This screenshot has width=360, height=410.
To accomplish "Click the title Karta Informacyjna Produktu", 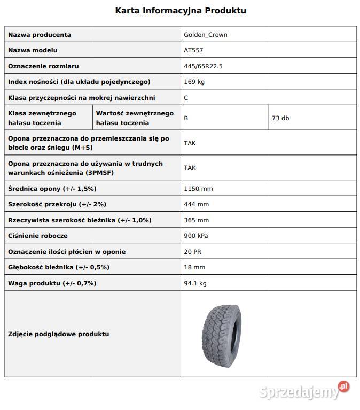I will point(181,11).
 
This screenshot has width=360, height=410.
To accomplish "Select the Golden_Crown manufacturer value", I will point(206,35).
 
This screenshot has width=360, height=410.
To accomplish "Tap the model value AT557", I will point(193,50).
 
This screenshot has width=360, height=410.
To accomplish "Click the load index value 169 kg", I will point(194,82).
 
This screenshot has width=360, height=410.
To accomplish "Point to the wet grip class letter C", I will point(186,98).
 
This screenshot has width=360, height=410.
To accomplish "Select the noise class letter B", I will point(186,118).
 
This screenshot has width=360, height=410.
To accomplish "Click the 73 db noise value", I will point(280,118).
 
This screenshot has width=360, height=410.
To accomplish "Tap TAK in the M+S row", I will point(190,143).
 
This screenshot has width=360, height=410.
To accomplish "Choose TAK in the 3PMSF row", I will point(190,168).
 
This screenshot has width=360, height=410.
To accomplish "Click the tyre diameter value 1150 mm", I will point(198,189).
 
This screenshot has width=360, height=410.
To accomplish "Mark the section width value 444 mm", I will point(196,204).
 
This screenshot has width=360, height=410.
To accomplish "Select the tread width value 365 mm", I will point(196,220).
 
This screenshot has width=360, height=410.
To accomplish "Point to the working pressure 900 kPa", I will point(196,236).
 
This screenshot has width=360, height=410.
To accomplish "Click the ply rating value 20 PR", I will point(192,252).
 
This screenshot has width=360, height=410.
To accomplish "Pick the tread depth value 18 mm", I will point(194,267).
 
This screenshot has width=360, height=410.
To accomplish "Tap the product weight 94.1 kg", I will point(195,283).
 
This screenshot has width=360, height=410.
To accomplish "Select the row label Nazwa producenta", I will point(40,35).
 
